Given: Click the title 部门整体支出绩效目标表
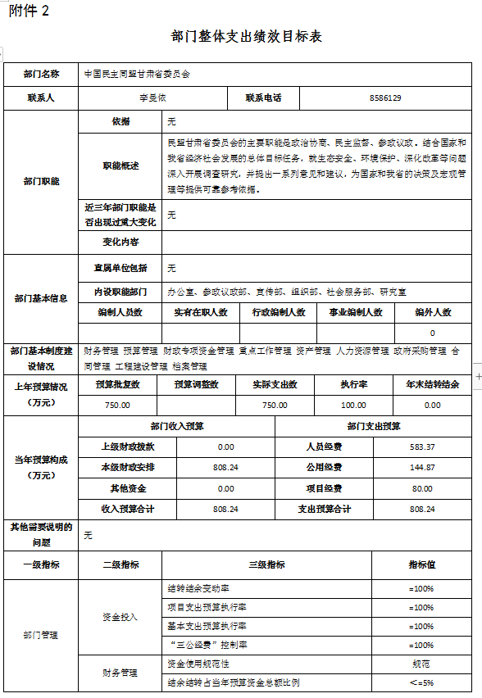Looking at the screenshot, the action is pyautogui.click(x=247, y=37).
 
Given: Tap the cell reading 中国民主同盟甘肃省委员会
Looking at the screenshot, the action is pyautogui.click(x=137, y=75).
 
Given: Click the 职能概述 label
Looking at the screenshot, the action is pyautogui.click(x=120, y=165).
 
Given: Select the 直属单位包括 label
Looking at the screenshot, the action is pyautogui.click(x=120, y=268).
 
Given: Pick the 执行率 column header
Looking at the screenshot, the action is pyautogui.click(x=353, y=384).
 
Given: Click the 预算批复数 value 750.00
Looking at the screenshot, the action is pyautogui.click(x=117, y=406).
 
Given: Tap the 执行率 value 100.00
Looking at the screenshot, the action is pyautogui.click(x=353, y=406).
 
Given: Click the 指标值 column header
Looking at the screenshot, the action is pyautogui.click(x=421, y=565).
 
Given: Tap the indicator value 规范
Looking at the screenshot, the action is pyautogui.click(x=421, y=664).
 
